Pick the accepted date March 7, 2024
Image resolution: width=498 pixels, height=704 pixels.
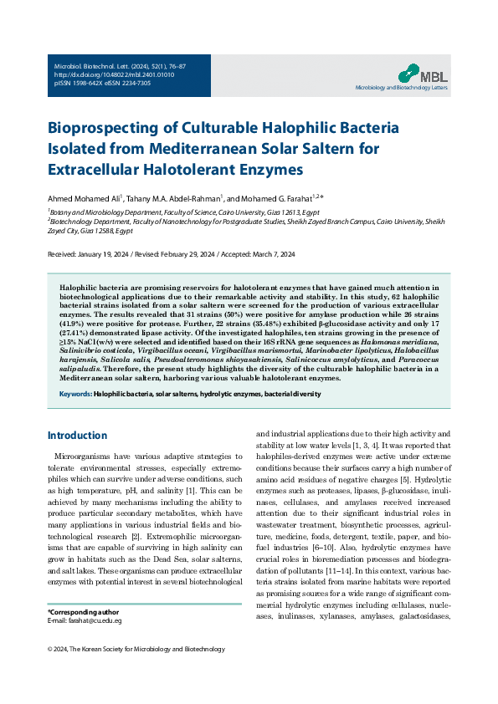[292, 253]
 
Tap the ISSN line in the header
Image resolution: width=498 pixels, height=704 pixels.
[102, 84]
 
